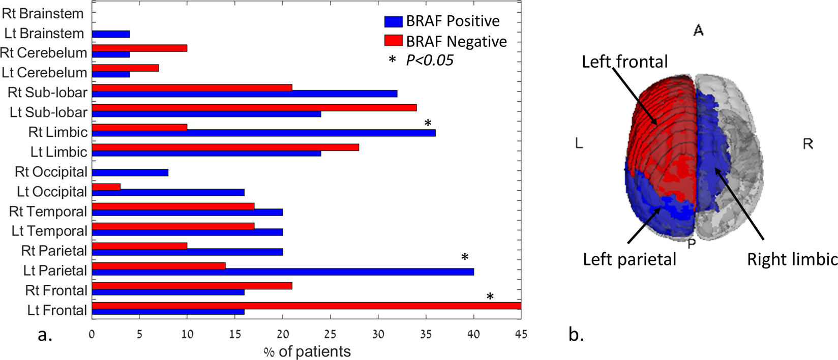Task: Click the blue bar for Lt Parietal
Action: click(x=283, y=272)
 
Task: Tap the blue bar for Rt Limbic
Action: click(x=263, y=133)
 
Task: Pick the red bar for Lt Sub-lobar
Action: click(x=254, y=107)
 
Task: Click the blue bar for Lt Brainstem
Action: click(x=111, y=34)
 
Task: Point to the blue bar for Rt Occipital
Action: click(x=130, y=173)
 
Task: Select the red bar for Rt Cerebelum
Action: click(x=139, y=48)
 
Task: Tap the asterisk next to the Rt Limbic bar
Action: click(x=428, y=124)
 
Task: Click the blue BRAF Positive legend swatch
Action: click(x=393, y=21)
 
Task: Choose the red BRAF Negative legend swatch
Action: click(x=393, y=41)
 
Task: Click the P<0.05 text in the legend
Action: click(x=430, y=61)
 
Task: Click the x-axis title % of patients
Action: click(x=307, y=351)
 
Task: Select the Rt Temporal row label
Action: click(x=48, y=211)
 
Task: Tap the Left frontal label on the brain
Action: click(x=625, y=62)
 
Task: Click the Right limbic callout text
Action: click(x=792, y=259)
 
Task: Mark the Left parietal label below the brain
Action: click(x=630, y=259)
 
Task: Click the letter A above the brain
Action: click(x=698, y=31)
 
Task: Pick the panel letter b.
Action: click(x=576, y=335)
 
